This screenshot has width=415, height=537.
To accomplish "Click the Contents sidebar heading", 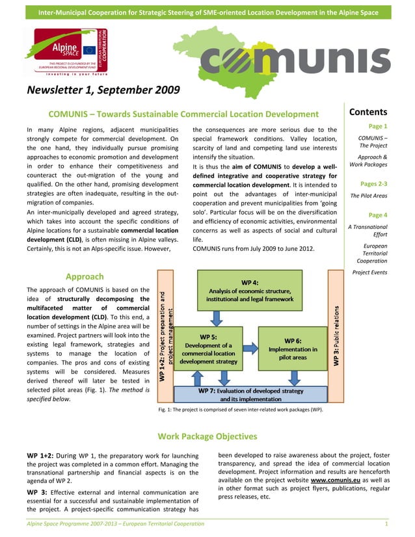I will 368,112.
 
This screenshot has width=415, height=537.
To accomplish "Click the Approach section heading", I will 85,276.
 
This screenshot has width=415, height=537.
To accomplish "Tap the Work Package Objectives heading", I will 207,436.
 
